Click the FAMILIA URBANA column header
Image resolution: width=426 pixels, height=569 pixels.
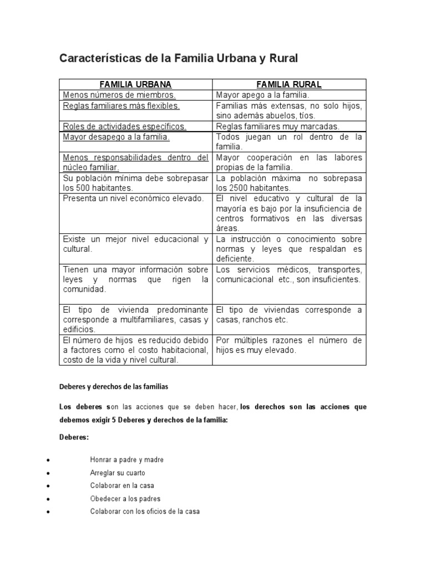(x=135, y=84)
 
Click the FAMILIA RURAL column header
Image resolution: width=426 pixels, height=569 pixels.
(x=289, y=84)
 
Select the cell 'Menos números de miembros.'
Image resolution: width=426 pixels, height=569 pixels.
(x=119, y=95)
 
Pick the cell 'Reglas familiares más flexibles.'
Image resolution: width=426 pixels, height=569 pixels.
(x=121, y=106)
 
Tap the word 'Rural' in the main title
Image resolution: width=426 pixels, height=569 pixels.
(x=282, y=58)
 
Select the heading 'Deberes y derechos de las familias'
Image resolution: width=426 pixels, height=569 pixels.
(x=113, y=386)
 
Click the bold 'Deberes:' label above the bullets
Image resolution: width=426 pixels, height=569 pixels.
(x=74, y=438)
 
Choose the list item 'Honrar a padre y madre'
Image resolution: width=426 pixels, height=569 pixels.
(x=126, y=460)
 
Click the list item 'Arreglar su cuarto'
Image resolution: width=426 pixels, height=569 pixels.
(x=118, y=473)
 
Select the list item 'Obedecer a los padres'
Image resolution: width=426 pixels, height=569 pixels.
(x=125, y=498)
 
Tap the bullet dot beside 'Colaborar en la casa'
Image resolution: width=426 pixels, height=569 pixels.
(x=50, y=486)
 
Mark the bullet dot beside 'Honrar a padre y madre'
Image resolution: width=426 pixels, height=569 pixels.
(x=50, y=461)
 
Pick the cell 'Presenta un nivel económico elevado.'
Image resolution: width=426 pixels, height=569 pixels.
(x=134, y=198)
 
